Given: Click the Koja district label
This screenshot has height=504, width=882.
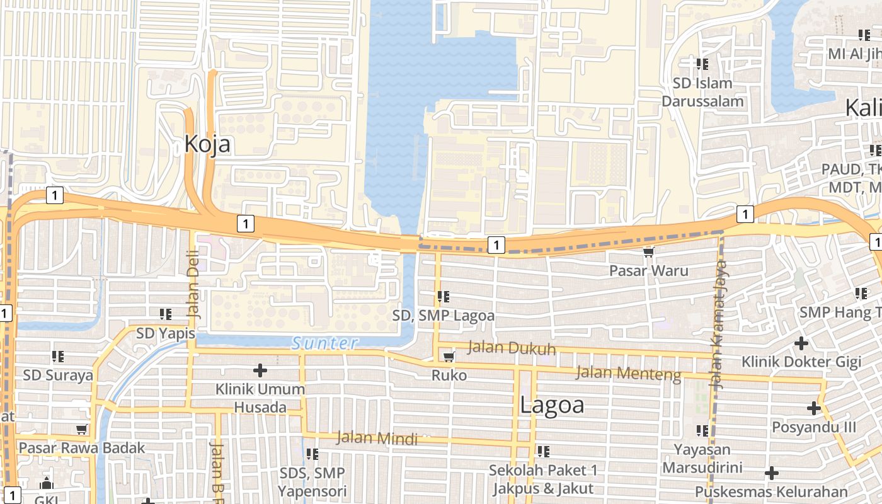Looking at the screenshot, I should tap(207, 144).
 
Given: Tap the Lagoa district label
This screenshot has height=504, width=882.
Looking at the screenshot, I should tap(552, 405).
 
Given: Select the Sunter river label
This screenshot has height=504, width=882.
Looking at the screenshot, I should tap(325, 343).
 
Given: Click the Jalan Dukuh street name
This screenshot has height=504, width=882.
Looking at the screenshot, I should tap(512, 348).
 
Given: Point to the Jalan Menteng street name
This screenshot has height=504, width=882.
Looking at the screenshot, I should tap(628, 373).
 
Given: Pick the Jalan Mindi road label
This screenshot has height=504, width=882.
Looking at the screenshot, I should tap(377, 437).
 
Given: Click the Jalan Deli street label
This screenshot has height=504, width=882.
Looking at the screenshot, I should tap(193, 284).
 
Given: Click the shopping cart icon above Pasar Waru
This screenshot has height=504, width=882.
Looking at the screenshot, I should tap(648, 253).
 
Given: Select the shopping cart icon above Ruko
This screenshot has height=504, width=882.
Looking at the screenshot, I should tap(449, 357).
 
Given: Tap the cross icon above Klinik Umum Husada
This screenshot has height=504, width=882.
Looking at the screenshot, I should tap(260, 370).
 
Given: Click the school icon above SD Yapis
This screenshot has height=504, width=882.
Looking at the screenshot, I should tap(166, 314).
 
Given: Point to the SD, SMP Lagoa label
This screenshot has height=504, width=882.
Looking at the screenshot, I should tap(444, 315).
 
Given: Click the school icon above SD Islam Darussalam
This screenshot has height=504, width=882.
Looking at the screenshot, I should tap(702, 64).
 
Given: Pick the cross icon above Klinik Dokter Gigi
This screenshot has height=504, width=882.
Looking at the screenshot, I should tap(801, 343).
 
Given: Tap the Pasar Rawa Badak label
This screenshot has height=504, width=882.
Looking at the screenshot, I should tap(82, 448).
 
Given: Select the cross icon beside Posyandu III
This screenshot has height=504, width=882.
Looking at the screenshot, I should tap(814, 408).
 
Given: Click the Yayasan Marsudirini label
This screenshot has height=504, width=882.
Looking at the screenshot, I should tap(702, 459).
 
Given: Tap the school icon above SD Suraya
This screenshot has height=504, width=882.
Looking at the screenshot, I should tap(58, 357).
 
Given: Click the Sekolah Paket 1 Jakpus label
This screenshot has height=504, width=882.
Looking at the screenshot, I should tap(544, 479).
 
